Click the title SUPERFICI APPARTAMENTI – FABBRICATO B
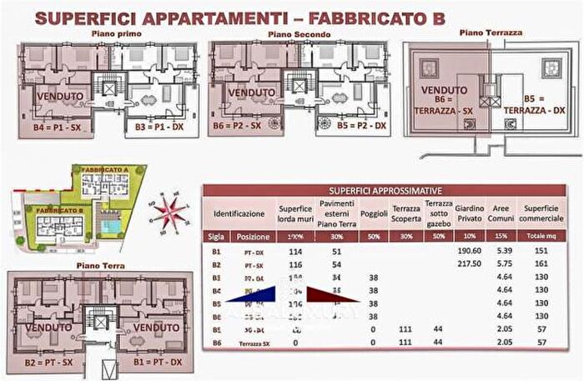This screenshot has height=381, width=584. click(242, 18)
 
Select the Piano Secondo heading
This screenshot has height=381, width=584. click(300, 35)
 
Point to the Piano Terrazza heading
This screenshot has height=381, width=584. click(491, 33)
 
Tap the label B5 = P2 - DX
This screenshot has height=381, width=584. click(356, 126)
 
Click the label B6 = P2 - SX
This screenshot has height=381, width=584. click(243, 126)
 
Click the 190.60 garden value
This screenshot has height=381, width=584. click(470, 250)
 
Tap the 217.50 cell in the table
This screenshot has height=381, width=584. click(470, 263)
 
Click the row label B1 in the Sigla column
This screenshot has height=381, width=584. click(216, 250)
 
